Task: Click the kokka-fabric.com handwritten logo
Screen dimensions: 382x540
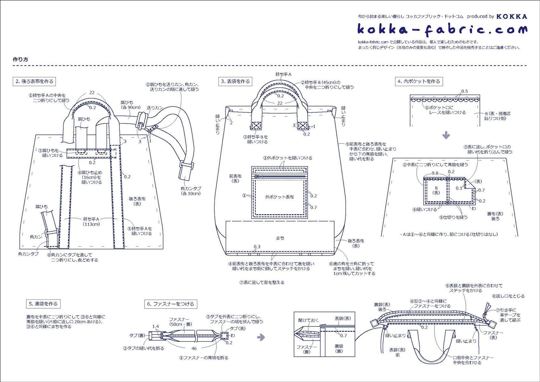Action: pyautogui.click(x=442, y=30)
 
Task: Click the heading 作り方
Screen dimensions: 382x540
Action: pyautogui.click(x=20, y=59)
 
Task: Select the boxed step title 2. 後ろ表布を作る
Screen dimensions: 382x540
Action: pyautogui.click(x=34, y=81)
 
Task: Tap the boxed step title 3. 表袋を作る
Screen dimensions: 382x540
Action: pyautogui.click(x=235, y=81)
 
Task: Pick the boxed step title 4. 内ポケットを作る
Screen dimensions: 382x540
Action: pyautogui.click(x=419, y=81)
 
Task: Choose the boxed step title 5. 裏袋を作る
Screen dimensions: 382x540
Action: pyautogui.click(x=43, y=304)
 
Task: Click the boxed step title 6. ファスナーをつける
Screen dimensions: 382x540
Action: pyautogui.click(x=171, y=304)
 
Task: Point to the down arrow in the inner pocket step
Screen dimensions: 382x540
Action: pyautogui.click(x=446, y=135)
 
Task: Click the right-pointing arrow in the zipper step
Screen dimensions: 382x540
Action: pyautogui.click(x=261, y=337)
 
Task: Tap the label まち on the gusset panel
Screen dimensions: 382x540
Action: pyautogui.click(x=280, y=238)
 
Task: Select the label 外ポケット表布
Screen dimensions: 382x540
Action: pyautogui.click(x=280, y=197)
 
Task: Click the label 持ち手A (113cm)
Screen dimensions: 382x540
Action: pyautogui.click(x=91, y=222)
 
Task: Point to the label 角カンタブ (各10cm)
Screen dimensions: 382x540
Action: pyautogui.click(x=191, y=191)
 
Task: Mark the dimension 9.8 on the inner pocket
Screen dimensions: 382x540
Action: pyautogui.click(x=435, y=173)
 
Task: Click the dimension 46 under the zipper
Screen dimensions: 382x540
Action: pyautogui.click(x=194, y=348)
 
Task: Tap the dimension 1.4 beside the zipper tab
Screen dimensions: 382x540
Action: pyautogui.click(x=155, y=326)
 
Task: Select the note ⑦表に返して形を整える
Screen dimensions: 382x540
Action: pyautogui.click(x=262, y=283)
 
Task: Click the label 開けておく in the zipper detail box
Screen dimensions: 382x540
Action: pyautogui.click(x=308, y=320)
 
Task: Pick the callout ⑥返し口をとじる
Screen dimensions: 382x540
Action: pyautogui.click(x=508, y=296)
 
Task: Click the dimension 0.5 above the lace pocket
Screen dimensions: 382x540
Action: pyautogui.click(x=464, y=91)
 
